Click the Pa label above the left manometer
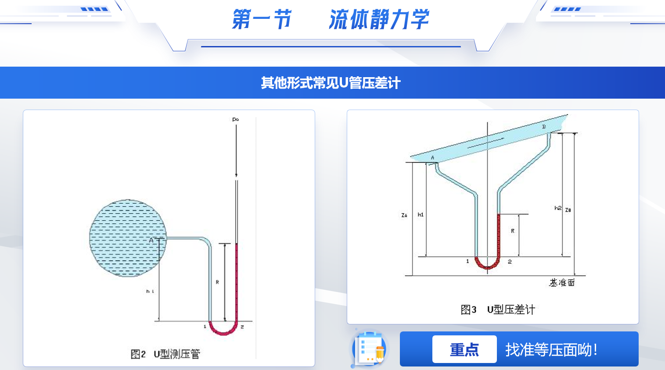[235, 119]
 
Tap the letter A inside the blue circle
[151, 240]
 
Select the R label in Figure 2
[217, 282]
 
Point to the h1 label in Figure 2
[150, 291]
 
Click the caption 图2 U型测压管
[165, 354]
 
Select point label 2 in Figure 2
[242, 327]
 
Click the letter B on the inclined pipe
[544, 127]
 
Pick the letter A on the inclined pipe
[432, 158]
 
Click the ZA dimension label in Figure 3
[404, 215]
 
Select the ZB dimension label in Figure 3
[568, 210]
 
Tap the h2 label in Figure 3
[557, 208]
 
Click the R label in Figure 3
[512, 231]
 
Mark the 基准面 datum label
[562, 283]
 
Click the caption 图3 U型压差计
[498, 310]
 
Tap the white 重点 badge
[464, 349]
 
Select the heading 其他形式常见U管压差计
[331, 83]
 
